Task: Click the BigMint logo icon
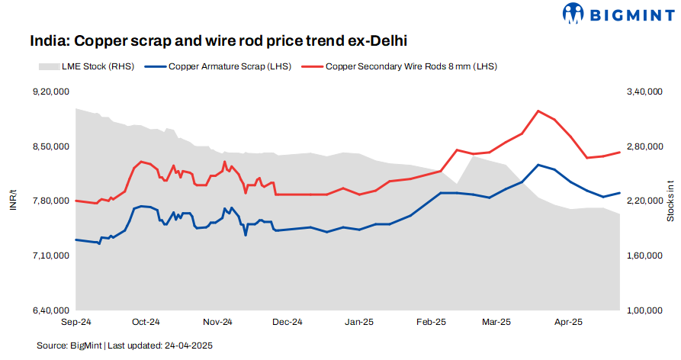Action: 574,13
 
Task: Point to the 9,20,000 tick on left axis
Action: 50,92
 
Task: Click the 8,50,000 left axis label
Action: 50,146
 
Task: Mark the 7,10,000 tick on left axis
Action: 50,256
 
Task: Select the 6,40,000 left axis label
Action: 50,311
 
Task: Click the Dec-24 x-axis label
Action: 287,323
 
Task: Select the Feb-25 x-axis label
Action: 430,323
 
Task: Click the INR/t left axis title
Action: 13,201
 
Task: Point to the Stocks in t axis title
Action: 670,201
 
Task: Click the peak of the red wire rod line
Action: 538,111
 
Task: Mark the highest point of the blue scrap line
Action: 538,165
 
